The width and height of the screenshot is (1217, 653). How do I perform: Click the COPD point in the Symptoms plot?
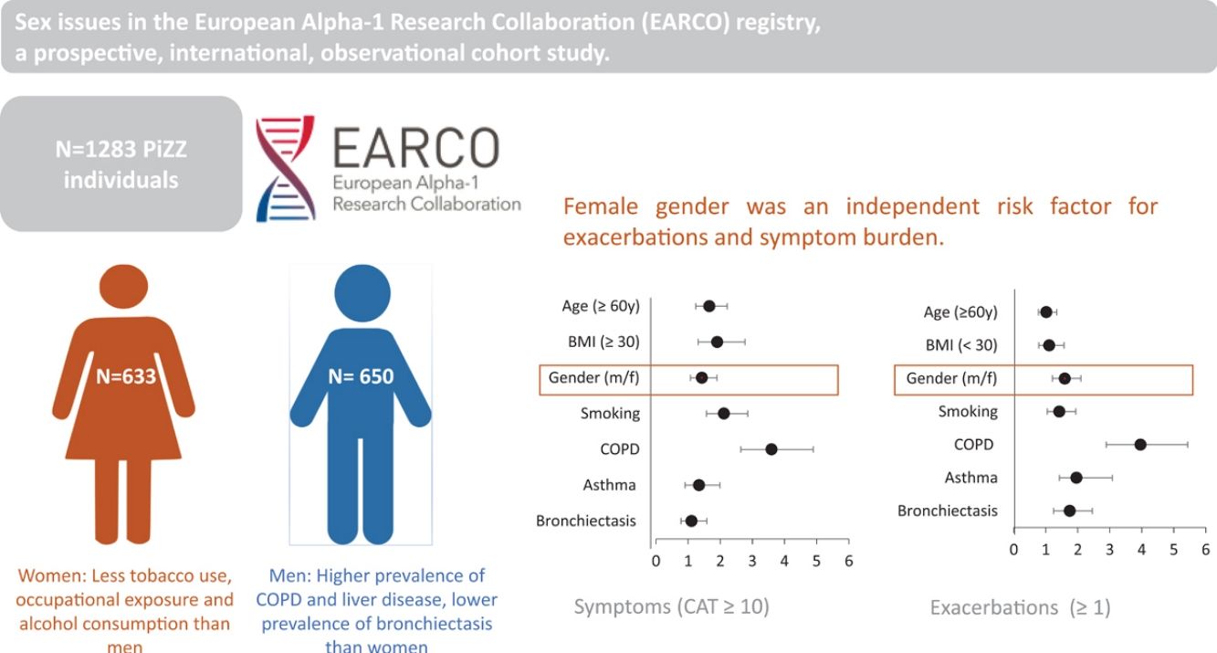point(771,449)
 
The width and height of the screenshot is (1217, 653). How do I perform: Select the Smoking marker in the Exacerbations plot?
point(1059,411)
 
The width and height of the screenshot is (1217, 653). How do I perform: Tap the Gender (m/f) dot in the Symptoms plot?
point(701,377)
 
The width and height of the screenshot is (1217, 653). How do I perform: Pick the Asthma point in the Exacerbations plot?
point(1076,478)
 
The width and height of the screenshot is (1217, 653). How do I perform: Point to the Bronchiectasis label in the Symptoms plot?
point(586,521)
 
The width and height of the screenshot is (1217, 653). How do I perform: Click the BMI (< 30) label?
point(961,345)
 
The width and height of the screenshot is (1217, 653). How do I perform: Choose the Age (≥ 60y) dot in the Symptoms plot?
point(709,306)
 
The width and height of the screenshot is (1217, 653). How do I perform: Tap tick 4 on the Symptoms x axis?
point(784,561)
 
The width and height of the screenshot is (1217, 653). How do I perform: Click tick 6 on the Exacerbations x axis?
point(1206,549)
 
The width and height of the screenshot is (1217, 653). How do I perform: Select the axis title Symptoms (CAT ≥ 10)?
point(672,606)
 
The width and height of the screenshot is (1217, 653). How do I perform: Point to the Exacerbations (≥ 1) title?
point(1021,606)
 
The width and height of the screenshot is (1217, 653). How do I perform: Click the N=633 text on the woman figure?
point(125,376)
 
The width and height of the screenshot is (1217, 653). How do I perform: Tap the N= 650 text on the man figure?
point(361,376)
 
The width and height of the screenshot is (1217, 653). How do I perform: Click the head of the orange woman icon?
point(124,286)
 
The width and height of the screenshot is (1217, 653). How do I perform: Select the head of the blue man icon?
point(362,293)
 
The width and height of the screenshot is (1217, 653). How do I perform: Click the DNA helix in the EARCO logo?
point(286,168)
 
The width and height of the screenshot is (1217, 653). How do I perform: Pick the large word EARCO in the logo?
point(415,147)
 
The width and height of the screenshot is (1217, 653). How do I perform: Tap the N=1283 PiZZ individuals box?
point(121,164)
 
